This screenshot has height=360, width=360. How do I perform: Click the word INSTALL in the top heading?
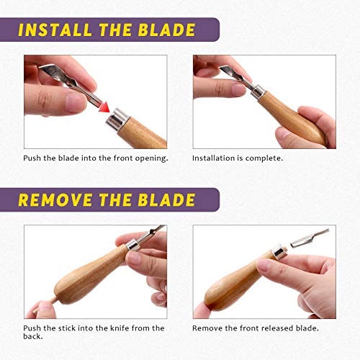click(x=55, y=30)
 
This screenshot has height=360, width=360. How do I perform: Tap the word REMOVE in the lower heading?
click(x=55, y=200)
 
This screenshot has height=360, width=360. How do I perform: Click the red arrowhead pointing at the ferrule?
click(x=104, y=107)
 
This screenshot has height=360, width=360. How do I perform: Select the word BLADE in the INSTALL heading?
click(x=166, y=30)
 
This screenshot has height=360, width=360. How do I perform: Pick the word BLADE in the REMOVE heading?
click(x=166, y=200)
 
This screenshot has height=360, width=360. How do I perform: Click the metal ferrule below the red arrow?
click(x=117, y=120)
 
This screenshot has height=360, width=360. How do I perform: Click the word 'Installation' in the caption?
click(x=211, y=158)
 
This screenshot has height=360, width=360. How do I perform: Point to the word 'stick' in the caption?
click(x=66, y=328)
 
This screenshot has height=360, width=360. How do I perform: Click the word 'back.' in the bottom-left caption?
click(x=33, y=336)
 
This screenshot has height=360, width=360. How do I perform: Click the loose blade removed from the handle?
click(x=310, y=238)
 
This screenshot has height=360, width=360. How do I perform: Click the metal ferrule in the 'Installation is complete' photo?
click(x=258, y=91)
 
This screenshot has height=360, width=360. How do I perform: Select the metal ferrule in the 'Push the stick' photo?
click(x=133, y=245)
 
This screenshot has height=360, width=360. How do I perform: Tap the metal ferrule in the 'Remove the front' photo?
click(x=279, y=252)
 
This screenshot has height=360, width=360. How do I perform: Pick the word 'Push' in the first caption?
click(x=32, y=158)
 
